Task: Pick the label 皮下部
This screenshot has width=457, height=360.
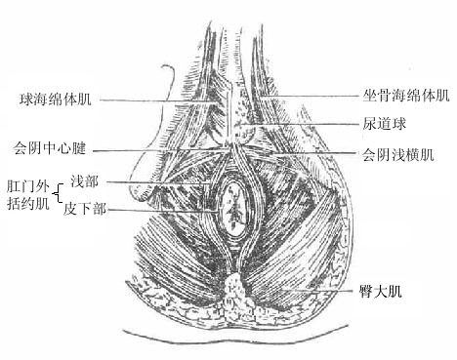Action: pyautogui.click(x=86, y=209)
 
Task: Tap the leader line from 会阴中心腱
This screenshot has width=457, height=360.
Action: pyautogui.click(x=156, y=151)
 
